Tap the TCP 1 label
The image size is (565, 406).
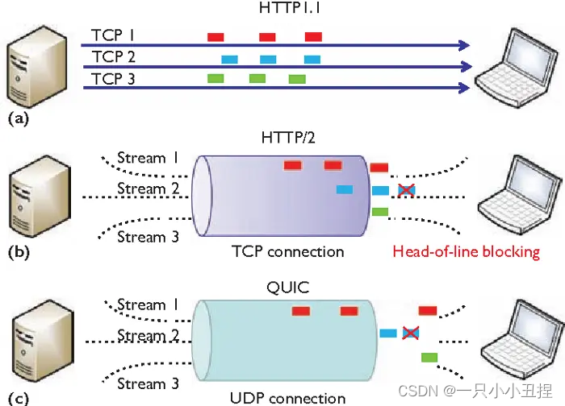pos(114,35)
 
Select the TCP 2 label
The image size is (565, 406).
pos(114,56)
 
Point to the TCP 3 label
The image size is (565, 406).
pos(114,78)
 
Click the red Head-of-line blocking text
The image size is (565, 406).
pos(466,251)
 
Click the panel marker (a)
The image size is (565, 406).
pos(18,118)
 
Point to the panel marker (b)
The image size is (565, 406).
pos(18,252)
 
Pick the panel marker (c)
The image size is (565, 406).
pos(18,397)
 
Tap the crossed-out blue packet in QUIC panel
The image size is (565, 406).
pos(411,333)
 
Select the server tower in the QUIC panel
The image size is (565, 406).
pos(36,342)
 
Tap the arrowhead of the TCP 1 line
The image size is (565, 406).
pos(464,45)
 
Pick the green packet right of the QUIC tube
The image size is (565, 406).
pos(429,357)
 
